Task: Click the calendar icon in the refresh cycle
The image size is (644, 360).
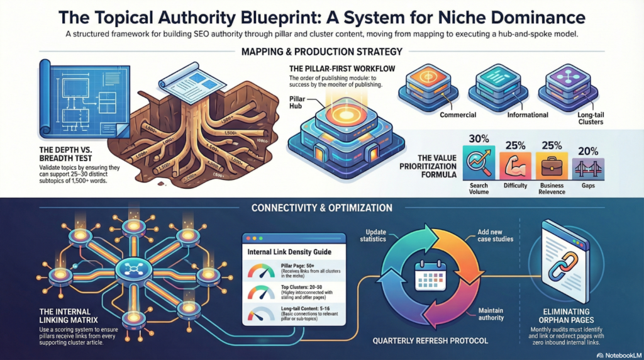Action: coord(430,275)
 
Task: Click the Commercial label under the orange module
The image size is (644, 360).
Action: coord(458,115)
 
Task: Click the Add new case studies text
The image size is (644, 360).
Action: coord(496,235)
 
